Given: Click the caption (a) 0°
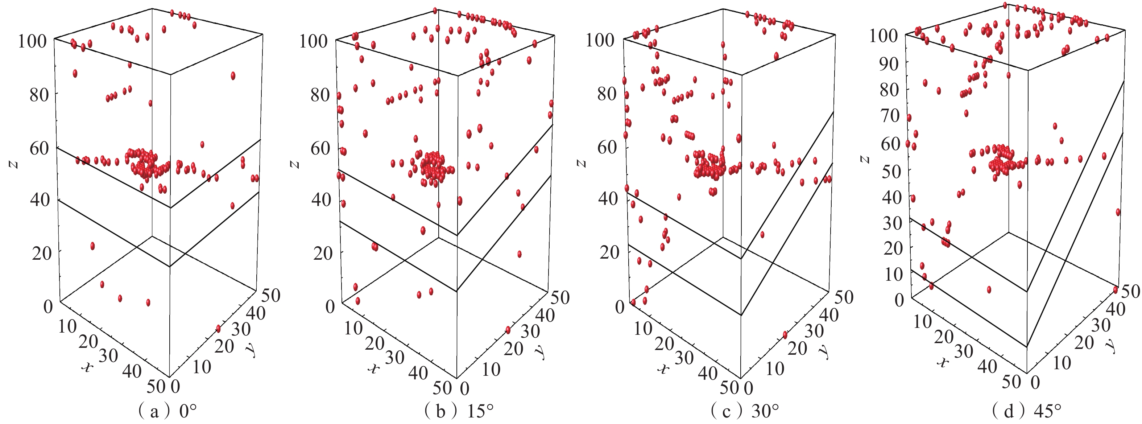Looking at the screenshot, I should (167, 412).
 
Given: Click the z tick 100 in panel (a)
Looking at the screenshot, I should (32, 42).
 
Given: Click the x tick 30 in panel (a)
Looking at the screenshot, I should (108, 356).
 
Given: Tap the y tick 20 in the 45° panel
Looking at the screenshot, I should (1084, 342).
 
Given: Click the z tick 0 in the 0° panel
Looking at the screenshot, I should (48, 306).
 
